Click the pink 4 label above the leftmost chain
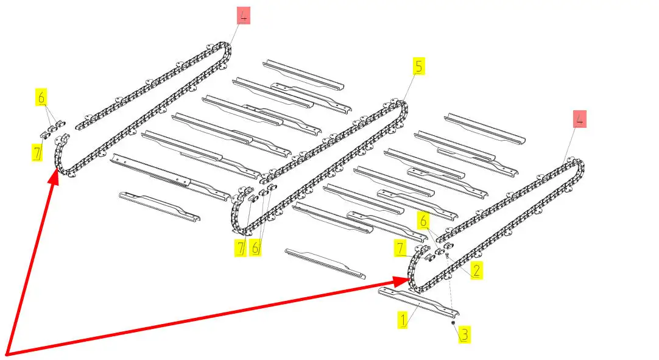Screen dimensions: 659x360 244,16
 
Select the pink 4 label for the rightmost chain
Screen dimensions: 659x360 580,119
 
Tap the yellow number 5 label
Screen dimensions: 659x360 418,66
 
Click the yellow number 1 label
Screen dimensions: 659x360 403,320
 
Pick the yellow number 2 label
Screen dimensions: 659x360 476,270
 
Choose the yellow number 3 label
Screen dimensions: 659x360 465,334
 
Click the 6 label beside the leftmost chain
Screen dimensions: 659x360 41,97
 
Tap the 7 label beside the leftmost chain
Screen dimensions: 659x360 37,152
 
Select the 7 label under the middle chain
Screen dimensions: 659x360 241,248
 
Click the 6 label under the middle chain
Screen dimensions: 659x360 255,248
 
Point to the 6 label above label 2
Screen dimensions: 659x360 423,221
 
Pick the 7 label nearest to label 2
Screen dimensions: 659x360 400,248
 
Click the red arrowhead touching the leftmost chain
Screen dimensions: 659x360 54,176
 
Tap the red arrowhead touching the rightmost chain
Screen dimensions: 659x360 402,281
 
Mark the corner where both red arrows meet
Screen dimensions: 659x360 7,353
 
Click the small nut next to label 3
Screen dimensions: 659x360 453,323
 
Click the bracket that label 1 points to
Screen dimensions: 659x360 418,302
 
